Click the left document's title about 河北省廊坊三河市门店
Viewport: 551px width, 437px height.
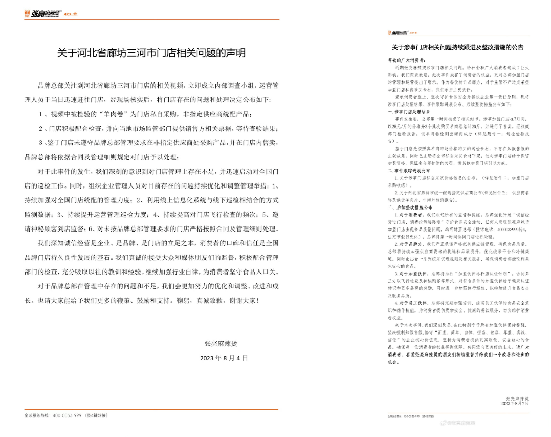tap(151, 53)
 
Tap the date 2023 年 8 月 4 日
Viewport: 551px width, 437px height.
tap(224, 358)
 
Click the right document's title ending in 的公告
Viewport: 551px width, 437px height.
tap(457, 47)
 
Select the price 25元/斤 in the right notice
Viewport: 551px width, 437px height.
tap(399, 125)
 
